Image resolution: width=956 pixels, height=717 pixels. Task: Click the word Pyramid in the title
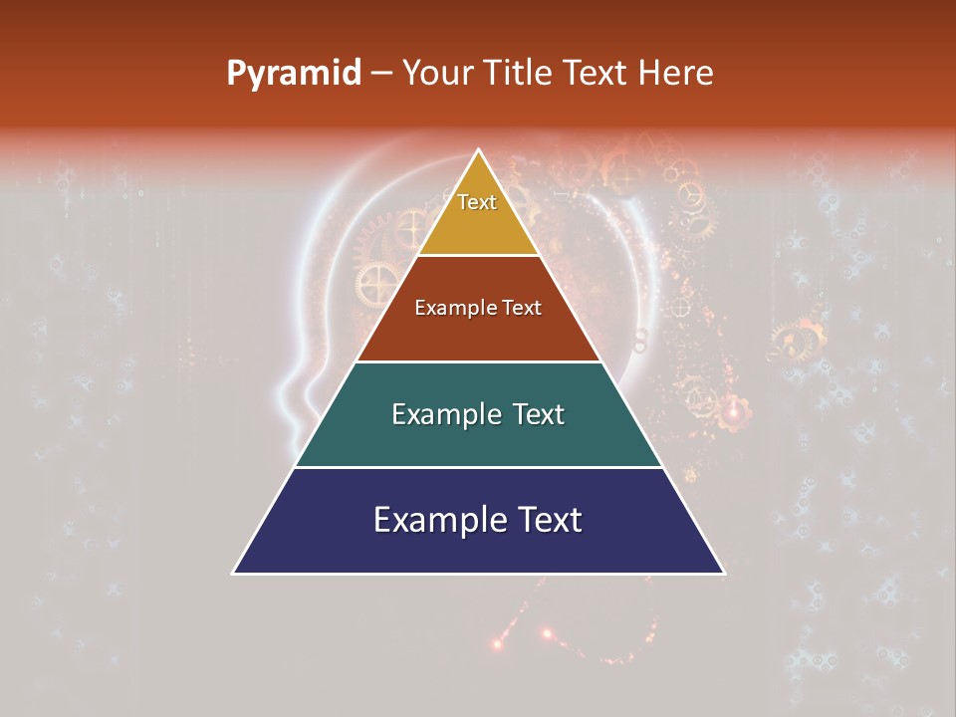(293, 74)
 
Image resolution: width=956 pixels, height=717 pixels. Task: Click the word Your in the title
(438, 74)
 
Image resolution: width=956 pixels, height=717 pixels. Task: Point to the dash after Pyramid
(381, 75)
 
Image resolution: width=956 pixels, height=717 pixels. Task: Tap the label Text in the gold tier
(477, 202)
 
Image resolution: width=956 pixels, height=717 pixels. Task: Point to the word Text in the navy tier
(546, 520)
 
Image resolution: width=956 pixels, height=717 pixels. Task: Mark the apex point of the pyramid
(478, 150)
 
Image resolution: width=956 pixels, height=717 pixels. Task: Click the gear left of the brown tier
(376, 285)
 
